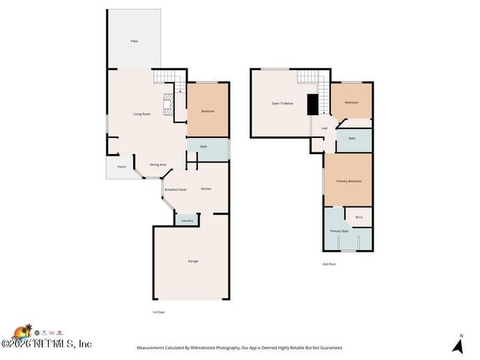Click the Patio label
click(134, 41)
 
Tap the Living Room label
click(142, 114)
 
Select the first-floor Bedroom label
click(208, 111)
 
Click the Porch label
click(122, 167)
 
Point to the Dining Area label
click(158, 165)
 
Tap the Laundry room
click(187, 220)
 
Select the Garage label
click(193, 261)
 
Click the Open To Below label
click(282, 103)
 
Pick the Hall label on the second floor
click(324, 128)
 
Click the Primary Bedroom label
click(349, 181)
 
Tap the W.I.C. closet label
click(359, 217)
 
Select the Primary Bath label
click(339, 232)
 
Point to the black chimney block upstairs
click(312, 105)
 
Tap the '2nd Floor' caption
click(329, 263)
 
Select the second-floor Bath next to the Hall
click(352, 138)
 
